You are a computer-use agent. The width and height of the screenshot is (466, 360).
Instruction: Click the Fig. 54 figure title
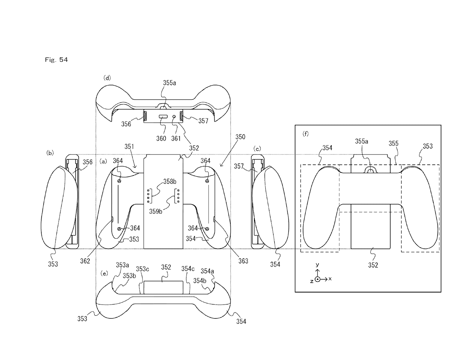[56, 60]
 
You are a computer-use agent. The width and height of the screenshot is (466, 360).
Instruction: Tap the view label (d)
[107, 78]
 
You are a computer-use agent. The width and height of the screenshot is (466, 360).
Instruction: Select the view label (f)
[305, 134]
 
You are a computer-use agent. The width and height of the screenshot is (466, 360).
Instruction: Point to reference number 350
[240, 137]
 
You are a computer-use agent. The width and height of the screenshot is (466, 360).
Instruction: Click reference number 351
[129, 146]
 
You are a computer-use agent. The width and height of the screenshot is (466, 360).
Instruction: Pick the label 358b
[170, 181]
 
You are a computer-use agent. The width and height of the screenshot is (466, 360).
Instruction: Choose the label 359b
[156, 211]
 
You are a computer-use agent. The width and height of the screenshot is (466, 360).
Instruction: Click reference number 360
[161, 138]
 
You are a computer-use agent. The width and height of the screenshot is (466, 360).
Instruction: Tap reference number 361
[176, 138]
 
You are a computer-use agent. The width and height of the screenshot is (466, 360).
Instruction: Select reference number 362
[85, 261]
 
